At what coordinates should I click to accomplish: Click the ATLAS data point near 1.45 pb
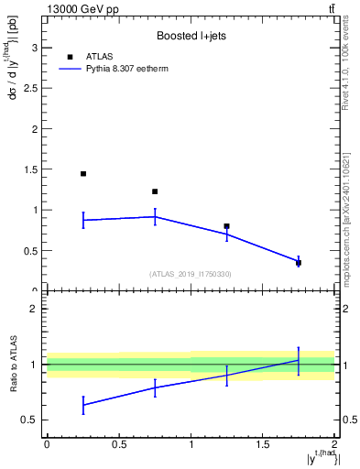click(x=83, y=173)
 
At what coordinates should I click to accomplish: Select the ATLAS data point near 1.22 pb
click(x=155, y=191)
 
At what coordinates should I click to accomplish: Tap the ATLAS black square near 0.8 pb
click(x=226, y=225)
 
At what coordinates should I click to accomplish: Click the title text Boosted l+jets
click(x=191, y=36)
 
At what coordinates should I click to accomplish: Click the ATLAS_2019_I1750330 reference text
click(x=191, y=274)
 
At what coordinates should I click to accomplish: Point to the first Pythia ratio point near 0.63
click(x=83, y=405)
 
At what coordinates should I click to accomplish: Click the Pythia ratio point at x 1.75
click(x=299, y=360)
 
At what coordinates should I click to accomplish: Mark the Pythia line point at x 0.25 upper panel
click(x=83, y=220)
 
